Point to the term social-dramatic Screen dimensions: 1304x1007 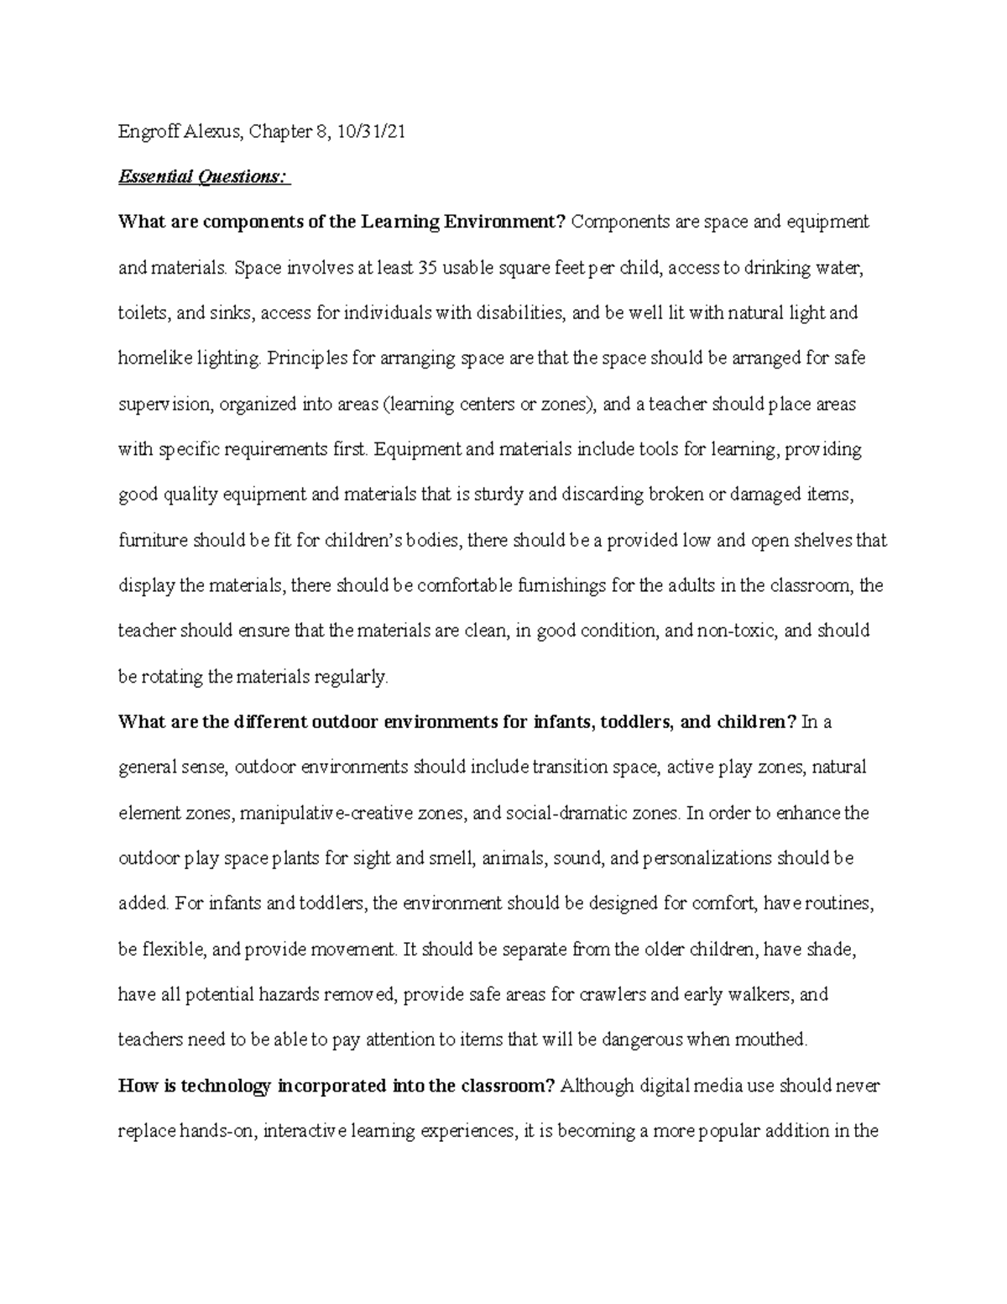point(571,814)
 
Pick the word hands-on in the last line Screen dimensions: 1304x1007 point(217,1131)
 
